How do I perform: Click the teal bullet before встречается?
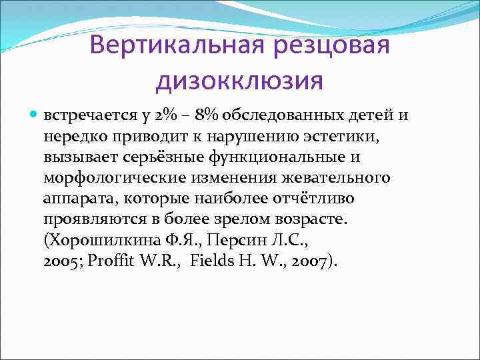click(35, 116)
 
